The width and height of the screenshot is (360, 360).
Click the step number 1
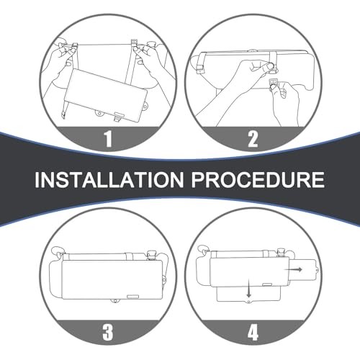(108, 139)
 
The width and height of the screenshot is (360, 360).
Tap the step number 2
(253, 139)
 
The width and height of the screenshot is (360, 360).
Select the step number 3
(108, 332)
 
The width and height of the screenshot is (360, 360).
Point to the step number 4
(253, 332)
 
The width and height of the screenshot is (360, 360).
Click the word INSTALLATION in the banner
(109, 179)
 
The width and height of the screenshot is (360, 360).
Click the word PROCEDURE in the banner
(258, 179)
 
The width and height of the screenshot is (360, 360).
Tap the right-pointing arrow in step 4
(293, 269)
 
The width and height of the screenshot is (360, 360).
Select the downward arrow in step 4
(249, 288)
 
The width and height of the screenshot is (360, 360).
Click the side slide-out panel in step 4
(305, 271)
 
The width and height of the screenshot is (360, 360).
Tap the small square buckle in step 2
(272, 84)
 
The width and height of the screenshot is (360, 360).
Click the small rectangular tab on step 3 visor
(132, 297)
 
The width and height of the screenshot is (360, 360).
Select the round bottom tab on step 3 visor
(115, 301)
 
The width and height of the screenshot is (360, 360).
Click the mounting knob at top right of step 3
(152, 255)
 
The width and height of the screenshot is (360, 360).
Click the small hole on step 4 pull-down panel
(249, 301)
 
